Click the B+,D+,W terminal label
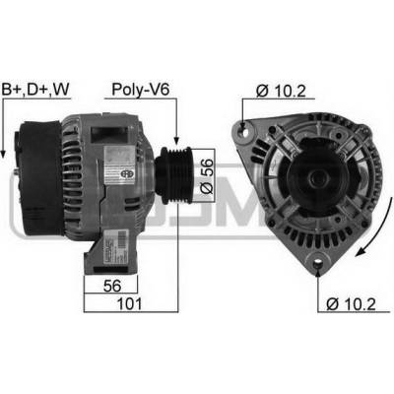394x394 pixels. pos(35,89)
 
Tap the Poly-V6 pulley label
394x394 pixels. pos(141,90)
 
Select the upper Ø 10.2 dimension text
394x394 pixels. pos(281,91)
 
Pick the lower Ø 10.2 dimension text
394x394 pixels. pos(351,304)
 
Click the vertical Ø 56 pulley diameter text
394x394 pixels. pos(207,176)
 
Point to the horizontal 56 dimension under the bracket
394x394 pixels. pos(112,286)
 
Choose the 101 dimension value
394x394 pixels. pos(130,303)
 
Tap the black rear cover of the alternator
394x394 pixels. pos(40,178)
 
